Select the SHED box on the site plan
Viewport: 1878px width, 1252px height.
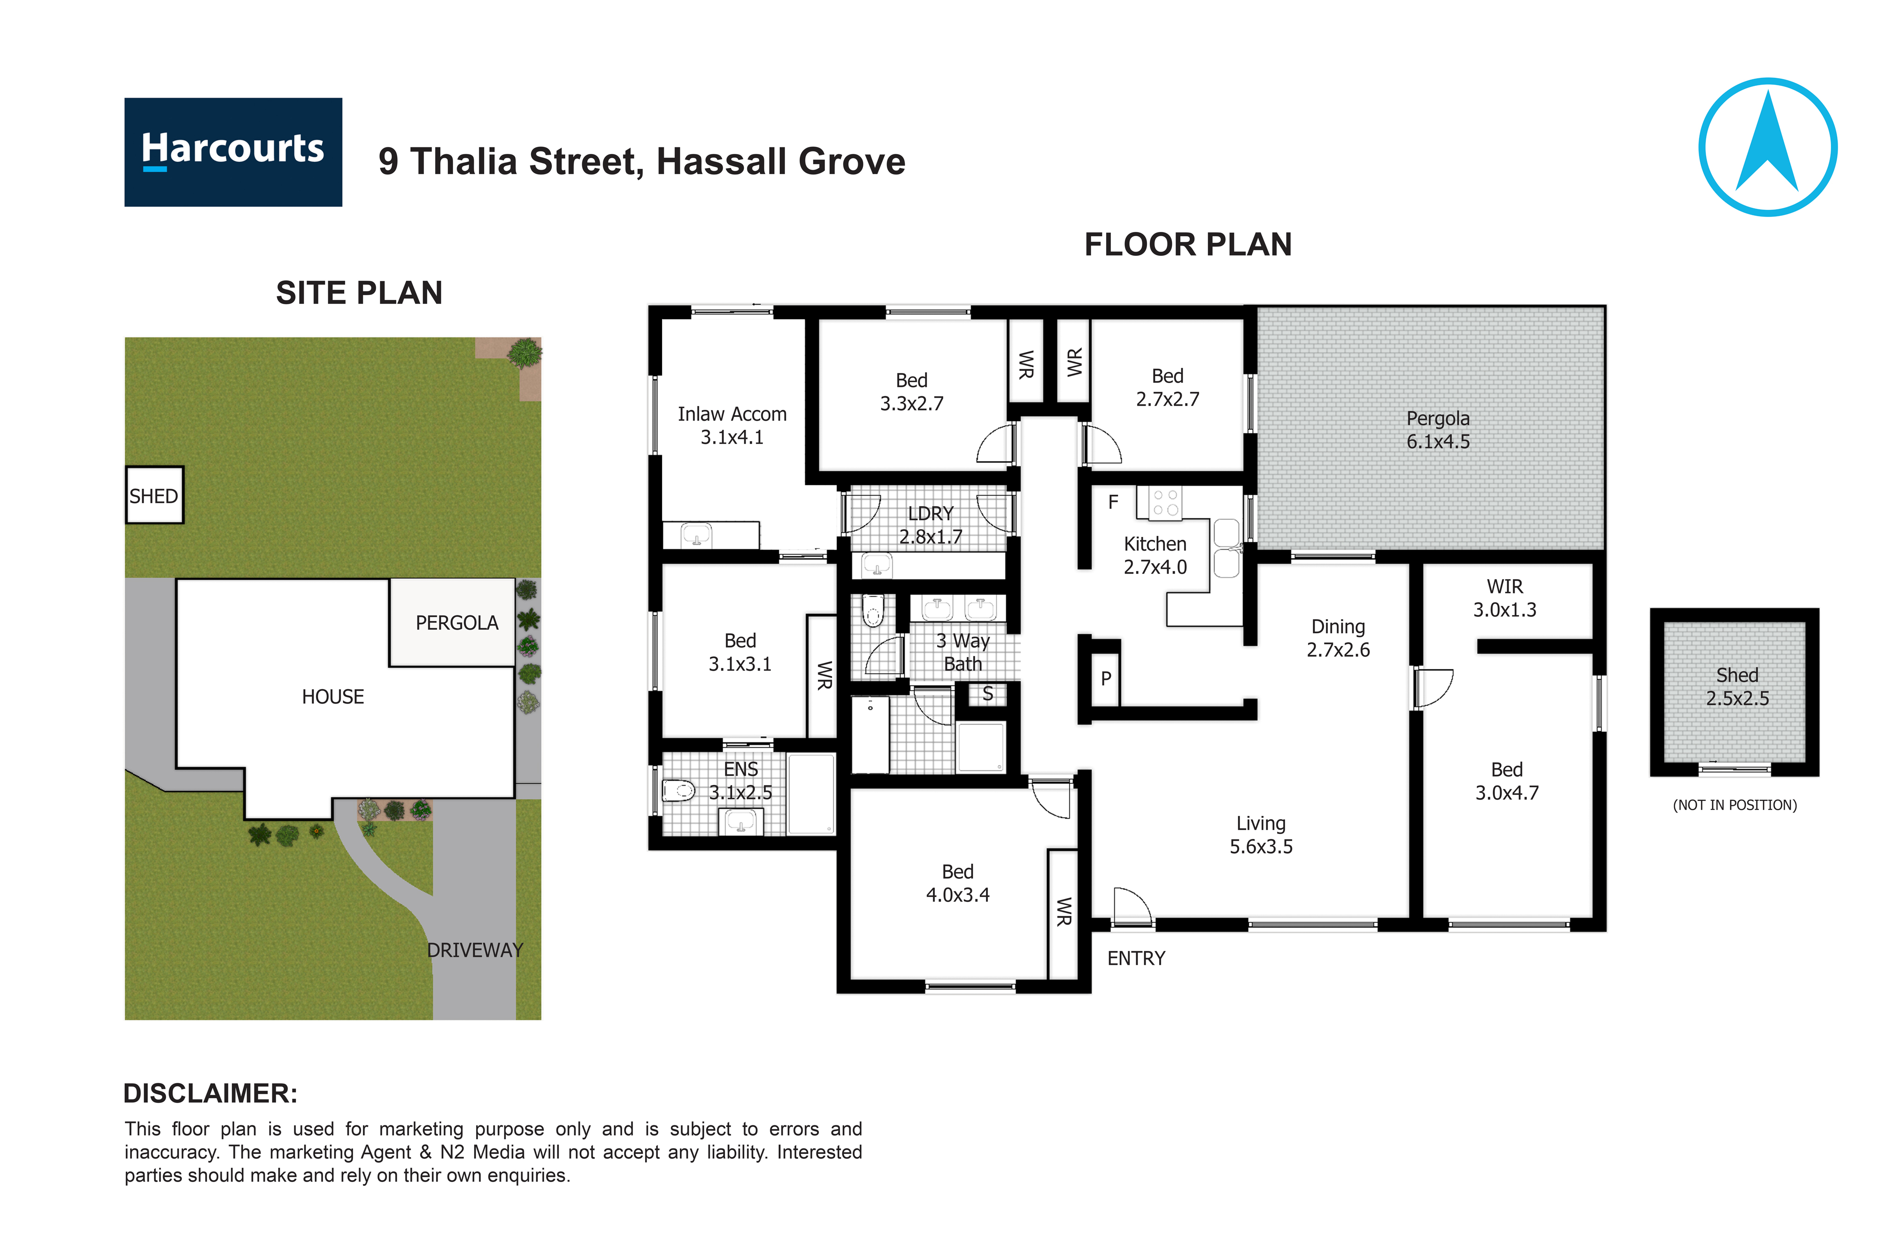154,495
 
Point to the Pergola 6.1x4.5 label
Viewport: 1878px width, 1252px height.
1437,430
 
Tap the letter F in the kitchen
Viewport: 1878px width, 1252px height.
1113,502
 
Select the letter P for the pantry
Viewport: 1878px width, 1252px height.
1106,679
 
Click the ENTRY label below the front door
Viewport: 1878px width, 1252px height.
1135,958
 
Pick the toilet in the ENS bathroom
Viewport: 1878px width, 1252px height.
679,791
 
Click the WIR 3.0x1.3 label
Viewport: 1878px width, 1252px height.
1504,598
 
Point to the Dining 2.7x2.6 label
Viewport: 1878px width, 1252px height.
1338,638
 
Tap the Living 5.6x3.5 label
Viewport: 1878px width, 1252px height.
1261,834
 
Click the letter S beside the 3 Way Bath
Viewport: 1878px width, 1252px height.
988,694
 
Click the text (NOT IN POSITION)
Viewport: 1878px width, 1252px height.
1734,805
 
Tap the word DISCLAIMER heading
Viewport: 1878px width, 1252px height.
210,1093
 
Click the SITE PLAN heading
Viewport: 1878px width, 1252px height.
359,293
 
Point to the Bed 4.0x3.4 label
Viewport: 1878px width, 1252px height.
957,883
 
